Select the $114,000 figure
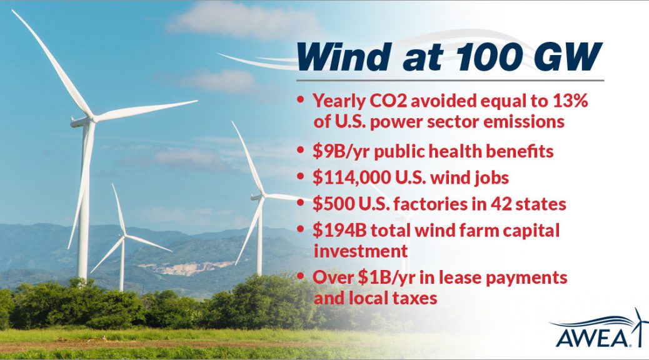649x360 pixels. click(x=351, y=177)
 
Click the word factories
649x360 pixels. click(x=429, y=204)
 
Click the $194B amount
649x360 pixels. click(x=340, y=231)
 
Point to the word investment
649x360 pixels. click(x=361, y=251)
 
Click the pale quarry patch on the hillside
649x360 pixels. click(x=188, y=267)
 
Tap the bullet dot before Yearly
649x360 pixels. click(x=301, y=100)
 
